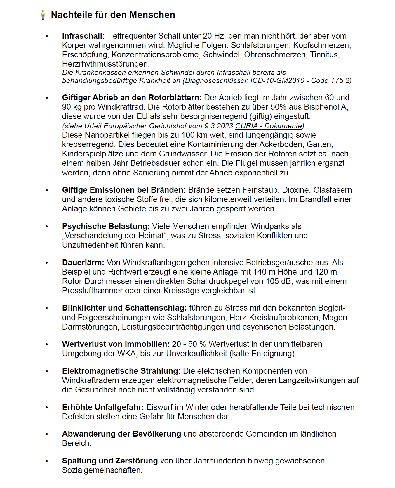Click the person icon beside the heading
(43, 15)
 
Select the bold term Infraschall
(82, 36)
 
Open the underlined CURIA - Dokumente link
(269, 126)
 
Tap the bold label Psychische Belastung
(106, 226)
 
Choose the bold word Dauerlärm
(83, 263)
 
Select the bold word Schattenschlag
(156, 308)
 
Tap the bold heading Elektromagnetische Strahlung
(121, 371)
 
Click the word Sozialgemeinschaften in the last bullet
(102, 470)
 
